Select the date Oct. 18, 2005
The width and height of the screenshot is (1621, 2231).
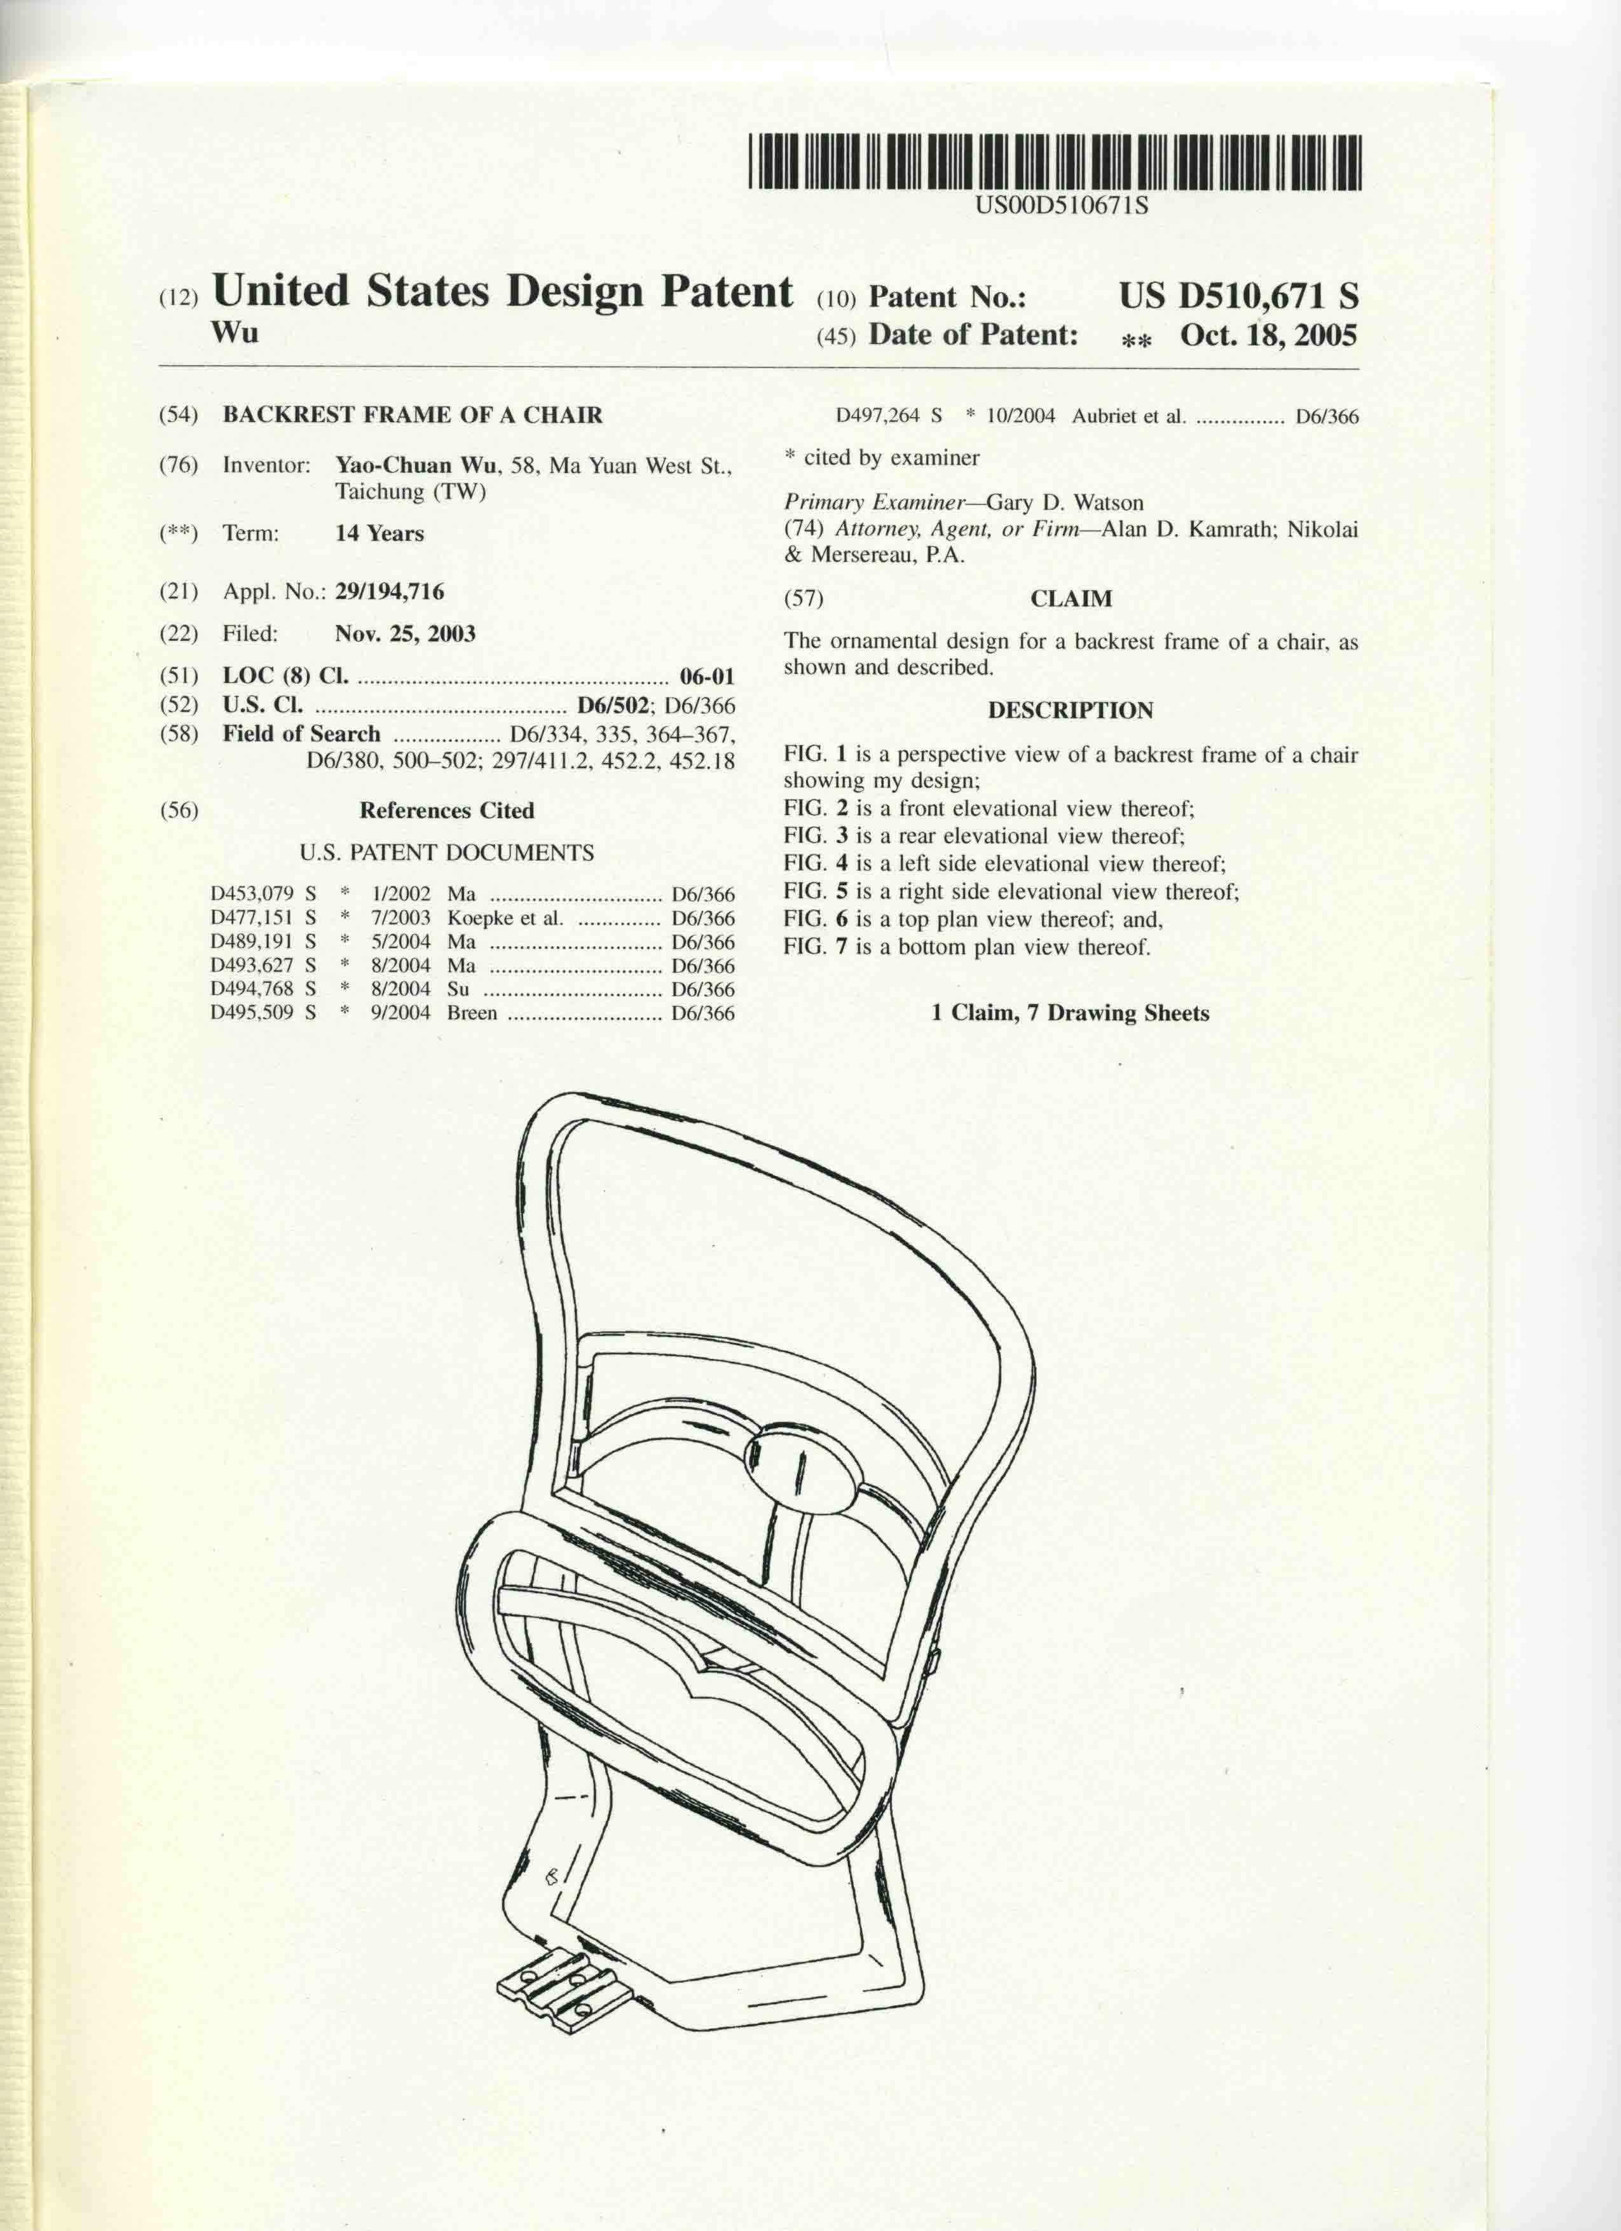[x=1268, y=336]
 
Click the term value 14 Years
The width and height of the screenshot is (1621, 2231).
[x=379, y=533]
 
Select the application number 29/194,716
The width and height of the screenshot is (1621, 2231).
[x=388, y=591]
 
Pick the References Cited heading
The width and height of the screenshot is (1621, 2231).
[x=446, y=811]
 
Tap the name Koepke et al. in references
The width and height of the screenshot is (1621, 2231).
[x=505, y=918]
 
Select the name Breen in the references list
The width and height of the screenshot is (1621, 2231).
[x=472, y=1012]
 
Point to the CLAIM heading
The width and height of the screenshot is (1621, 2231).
[x=1071, y=598]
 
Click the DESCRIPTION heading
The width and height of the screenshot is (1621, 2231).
[x=1070, y=710]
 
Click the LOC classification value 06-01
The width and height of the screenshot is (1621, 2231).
[x=706, y=676]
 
